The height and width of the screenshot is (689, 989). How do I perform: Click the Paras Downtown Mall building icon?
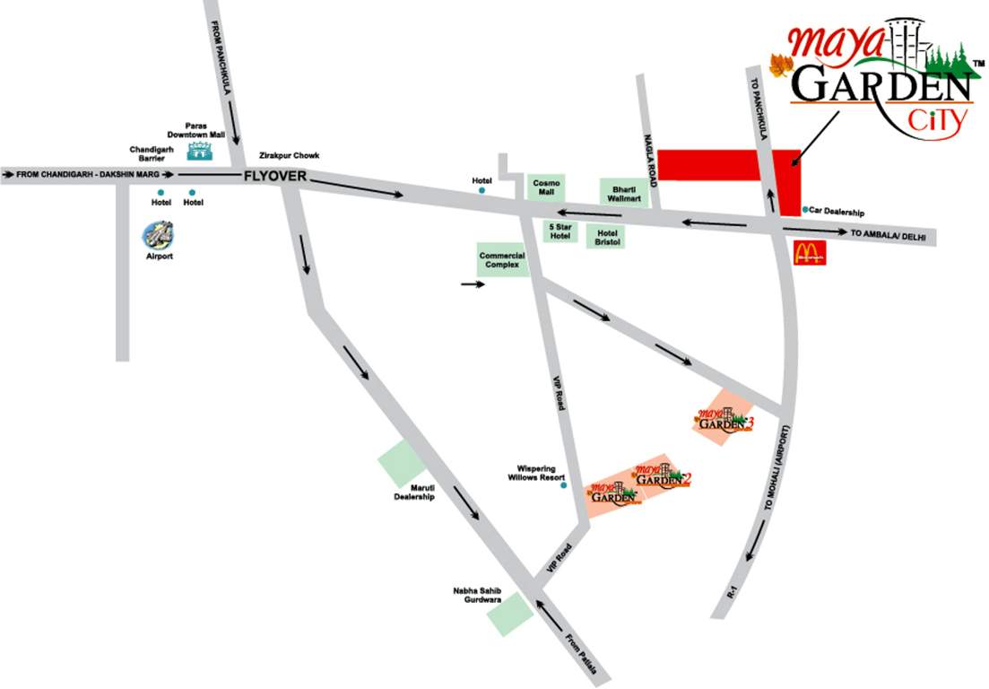[x=200, y=151]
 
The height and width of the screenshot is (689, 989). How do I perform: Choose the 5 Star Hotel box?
[x=560, y=231]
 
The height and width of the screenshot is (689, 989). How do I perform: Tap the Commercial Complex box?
[x=502, y=259]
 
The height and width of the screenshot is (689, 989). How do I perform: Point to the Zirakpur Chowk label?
[x=289, y=155]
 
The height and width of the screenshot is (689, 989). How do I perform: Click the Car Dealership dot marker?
[x=804, y=209]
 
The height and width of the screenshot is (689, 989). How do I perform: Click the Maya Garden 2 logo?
[x=663, y=475]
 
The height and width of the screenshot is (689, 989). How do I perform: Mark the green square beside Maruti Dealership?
[x=401, y=465]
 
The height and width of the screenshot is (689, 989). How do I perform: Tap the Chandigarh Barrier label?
[x=147, y=153]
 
